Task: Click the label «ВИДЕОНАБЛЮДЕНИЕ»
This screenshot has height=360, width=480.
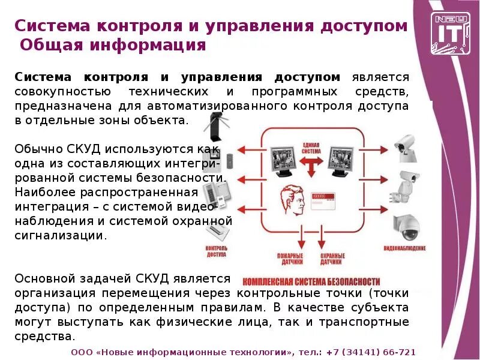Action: (x=405, y=248)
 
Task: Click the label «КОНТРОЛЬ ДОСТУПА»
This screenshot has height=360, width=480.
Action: (x=215, y=251)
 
